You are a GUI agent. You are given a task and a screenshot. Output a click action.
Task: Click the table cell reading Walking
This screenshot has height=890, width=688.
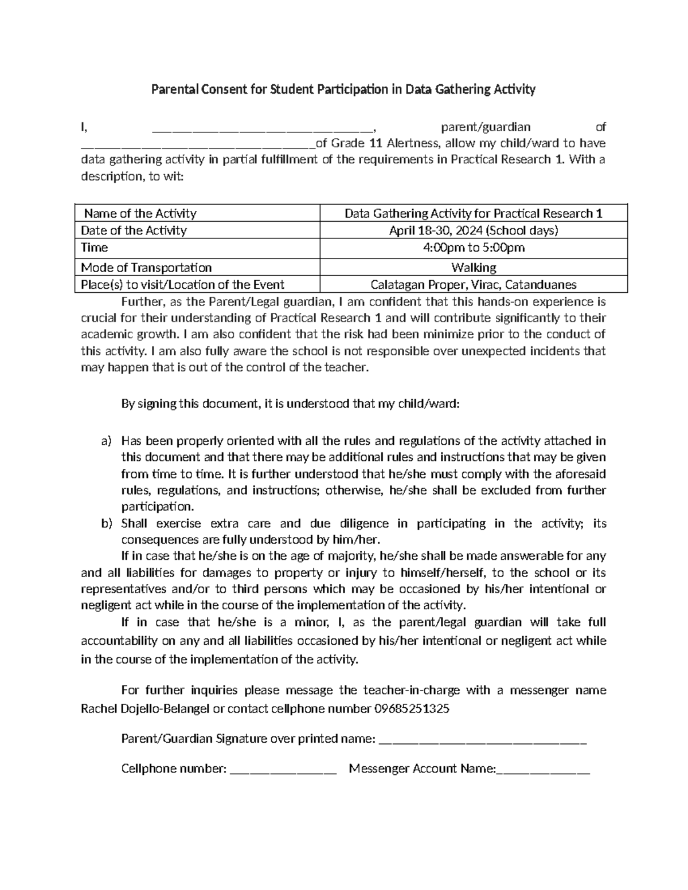(x=474, y=268)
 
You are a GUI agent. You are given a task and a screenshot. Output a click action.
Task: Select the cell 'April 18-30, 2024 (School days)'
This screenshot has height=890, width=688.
(x=474, y=230)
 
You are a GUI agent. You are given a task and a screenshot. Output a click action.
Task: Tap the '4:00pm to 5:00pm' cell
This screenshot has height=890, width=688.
(x=474, y=248)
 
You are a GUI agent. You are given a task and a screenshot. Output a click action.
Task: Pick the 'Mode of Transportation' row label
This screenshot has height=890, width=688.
(x=146, y=268)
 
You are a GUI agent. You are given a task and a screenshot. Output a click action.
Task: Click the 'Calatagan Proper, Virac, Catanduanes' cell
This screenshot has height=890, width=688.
(x=474, y=285)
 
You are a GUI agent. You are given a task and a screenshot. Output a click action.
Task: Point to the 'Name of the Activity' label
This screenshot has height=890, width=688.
(x=140, y=214)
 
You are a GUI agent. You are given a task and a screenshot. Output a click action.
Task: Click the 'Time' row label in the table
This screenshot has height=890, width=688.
(x=95, y=248)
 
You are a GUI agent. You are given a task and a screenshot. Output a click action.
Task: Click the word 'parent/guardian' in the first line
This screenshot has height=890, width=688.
(x=485, y=127)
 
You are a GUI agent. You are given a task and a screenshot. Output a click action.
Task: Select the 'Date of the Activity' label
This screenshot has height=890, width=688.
(x=134, y=230)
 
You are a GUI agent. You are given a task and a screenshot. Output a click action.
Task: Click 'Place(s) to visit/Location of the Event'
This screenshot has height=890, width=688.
(x=182, y=285)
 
